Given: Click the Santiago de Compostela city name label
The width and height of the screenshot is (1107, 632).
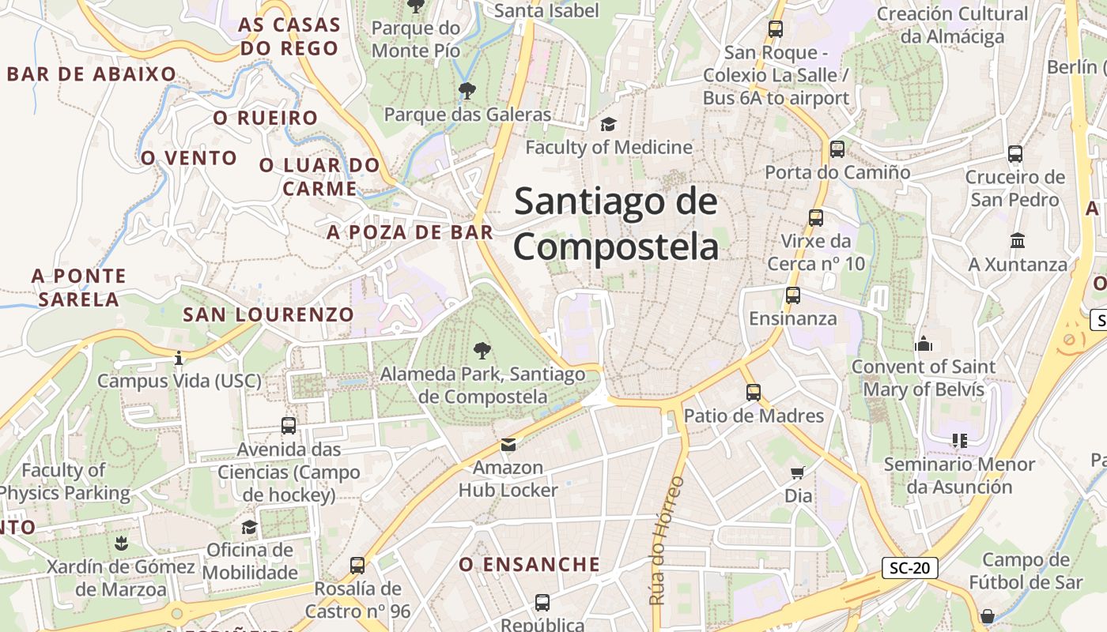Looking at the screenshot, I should tap(616, 224).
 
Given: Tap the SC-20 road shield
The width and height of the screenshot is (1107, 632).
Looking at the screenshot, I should tap(909, 567).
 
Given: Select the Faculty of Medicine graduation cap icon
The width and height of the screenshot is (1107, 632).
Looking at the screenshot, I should tap(608, 124).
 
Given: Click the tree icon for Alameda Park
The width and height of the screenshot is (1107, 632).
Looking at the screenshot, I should tap(481, 351).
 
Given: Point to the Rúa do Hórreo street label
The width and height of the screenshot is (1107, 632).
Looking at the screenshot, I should tap(665, 540).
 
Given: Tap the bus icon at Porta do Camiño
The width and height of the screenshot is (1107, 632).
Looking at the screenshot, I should tap(837, 149).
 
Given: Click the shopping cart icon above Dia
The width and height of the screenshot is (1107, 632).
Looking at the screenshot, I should tap(798, 472).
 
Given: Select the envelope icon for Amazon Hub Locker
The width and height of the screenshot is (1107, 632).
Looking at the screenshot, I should tap(508, 445).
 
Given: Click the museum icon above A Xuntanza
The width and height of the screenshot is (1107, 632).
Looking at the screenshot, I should tap(1017, 240).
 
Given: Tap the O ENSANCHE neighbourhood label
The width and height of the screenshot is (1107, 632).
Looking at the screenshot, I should tap(530, 564).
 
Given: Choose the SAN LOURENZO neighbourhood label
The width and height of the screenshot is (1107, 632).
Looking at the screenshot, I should tap(269, 314).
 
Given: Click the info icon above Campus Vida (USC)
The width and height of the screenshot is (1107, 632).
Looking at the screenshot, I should tap(179, 358).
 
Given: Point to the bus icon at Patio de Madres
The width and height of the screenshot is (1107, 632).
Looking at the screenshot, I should tap(753, 392).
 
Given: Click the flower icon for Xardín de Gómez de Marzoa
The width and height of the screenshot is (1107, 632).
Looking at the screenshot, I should tap(121, 543).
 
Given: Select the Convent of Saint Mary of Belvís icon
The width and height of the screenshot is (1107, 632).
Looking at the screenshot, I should tap(923, 344).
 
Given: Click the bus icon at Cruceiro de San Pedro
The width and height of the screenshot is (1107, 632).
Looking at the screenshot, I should tap(1015, 154).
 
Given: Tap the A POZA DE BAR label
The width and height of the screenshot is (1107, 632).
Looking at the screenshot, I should tap(410, 232).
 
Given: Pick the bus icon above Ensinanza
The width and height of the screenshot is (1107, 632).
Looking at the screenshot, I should tap(792, 295).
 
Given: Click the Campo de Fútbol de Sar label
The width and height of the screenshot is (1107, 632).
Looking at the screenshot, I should tap(1031, 571).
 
